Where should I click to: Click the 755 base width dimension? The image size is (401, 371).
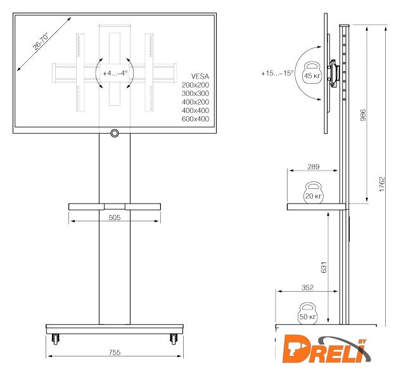coord(115,353)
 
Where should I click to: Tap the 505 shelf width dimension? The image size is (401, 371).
coord(114,218)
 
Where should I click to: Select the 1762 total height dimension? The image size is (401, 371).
coord(382,184)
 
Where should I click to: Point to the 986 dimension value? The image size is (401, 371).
coord(362,115)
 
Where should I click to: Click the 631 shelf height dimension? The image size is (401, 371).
coord(324,267)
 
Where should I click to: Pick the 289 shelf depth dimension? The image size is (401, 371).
coord(314,167)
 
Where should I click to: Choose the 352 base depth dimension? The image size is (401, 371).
coord(307,287)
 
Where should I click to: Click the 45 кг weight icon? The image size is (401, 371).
coord(312,73)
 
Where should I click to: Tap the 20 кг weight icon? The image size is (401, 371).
coord(314,193)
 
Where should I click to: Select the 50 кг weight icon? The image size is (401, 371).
coord(307,314)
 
